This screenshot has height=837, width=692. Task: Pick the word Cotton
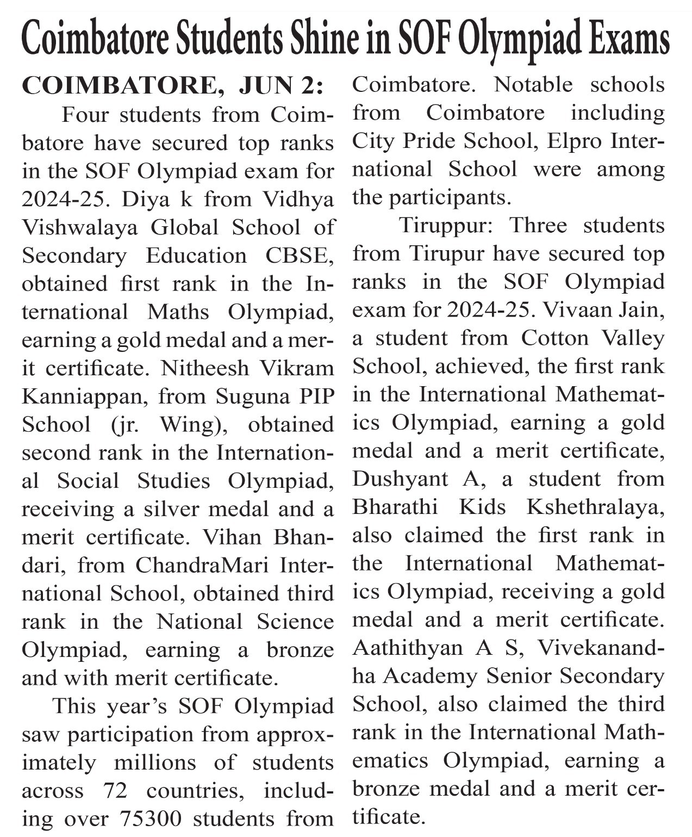click(555, 338)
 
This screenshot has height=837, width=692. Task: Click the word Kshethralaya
click(595, 507)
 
